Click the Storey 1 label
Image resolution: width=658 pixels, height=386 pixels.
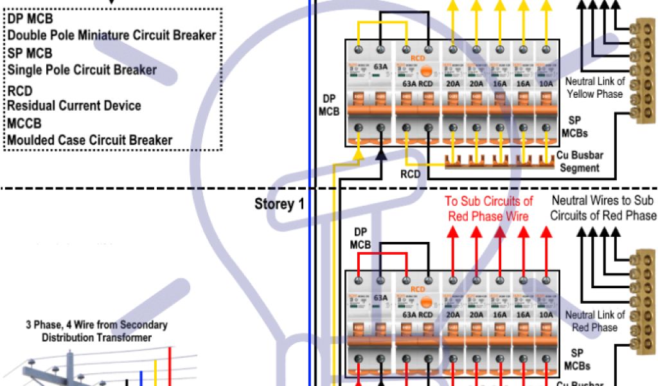click(x=279, y=205)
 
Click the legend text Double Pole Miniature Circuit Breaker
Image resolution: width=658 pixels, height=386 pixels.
click(x=112, y=35)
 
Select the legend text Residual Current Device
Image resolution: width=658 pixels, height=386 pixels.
click(x=74, y=106)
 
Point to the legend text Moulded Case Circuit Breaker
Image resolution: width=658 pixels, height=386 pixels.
click(x=89, y=140)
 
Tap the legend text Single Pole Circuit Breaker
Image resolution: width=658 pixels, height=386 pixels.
click(x=82, y=69)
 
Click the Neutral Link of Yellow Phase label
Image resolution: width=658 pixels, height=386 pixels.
click(x=594, y=87)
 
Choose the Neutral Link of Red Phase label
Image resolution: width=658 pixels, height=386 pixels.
click(x=594, y=321)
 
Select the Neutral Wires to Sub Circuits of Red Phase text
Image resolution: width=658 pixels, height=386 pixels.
click(x=603, y=208)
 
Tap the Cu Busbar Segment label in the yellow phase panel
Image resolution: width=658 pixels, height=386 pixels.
click(x=580, y=161)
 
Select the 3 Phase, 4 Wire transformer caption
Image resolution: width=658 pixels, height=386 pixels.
click(x=96, y=331)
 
